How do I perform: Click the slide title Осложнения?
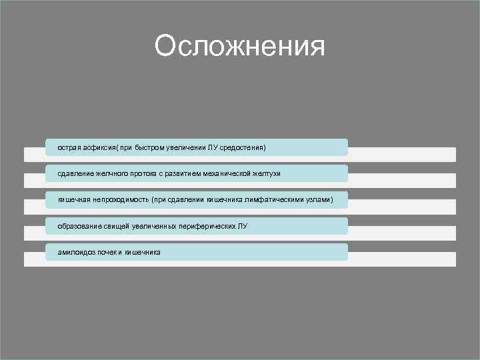tap(239, 47)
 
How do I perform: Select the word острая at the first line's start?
tap(69, 147)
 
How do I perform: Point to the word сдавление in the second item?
tap(75, 173)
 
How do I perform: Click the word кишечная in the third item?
tap(73, 199)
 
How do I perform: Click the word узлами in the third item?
tap(319, 199)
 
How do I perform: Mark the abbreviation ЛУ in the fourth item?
tap(242, 226)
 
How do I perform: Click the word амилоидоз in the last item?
tap(75, 253)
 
